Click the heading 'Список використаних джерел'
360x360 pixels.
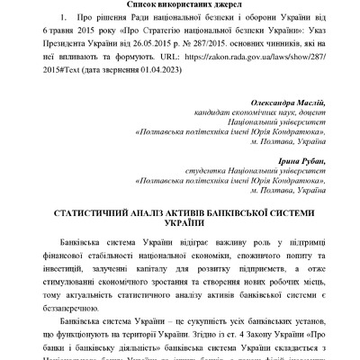pyautogui.click(x=180, y=5)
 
